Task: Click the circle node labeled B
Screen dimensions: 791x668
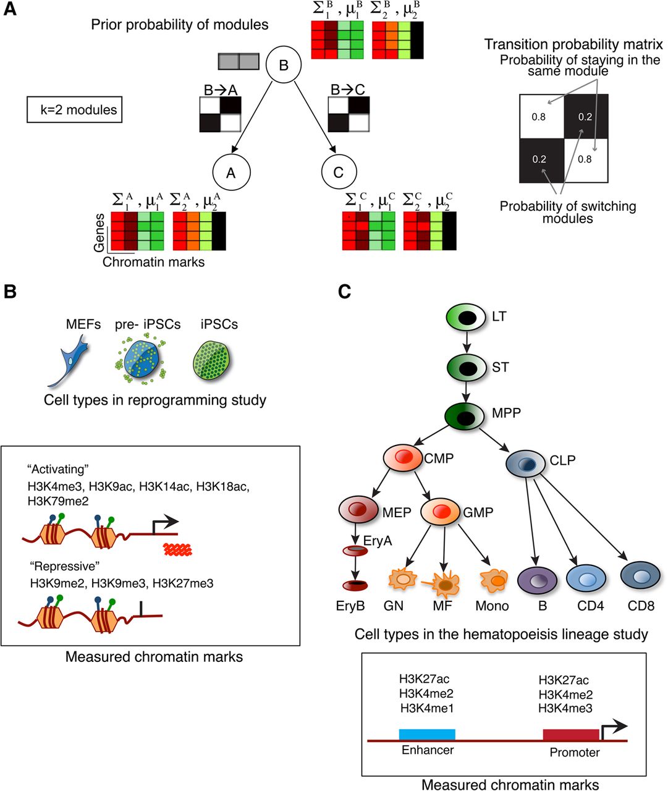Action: pos(284,65)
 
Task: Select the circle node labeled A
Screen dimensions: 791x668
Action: pos(230,172)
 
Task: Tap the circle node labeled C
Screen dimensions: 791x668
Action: pos(338,172)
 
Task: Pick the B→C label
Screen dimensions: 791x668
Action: pos(347,90)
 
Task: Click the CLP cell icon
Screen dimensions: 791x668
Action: pos(525,463)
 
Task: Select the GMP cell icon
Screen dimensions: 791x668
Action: pos(440,512)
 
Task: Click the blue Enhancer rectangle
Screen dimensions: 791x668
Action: pos(427,734)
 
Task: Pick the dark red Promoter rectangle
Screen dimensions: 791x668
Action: pos(570,734)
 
